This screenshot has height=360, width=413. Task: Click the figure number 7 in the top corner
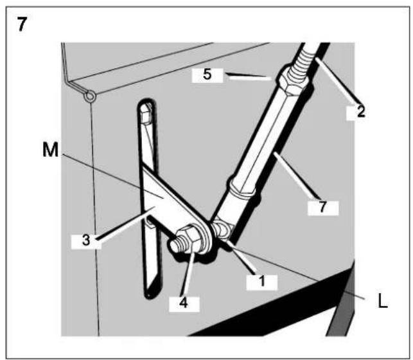pos(22,24)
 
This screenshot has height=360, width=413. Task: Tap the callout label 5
pos(207,75)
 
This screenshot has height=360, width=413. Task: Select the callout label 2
pos(360,111)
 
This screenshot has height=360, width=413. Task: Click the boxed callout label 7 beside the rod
pos(322,207)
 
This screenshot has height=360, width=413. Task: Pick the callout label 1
pos(262,281)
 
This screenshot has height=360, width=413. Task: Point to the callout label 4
pos(184,303)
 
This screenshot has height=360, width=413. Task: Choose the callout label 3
pos(86,240)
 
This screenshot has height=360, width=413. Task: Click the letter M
pos(51,149)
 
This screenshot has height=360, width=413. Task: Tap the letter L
pos(382,301)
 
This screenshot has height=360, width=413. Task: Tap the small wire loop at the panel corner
pos(90,96)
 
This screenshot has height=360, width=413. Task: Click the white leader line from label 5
pos(250,76)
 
